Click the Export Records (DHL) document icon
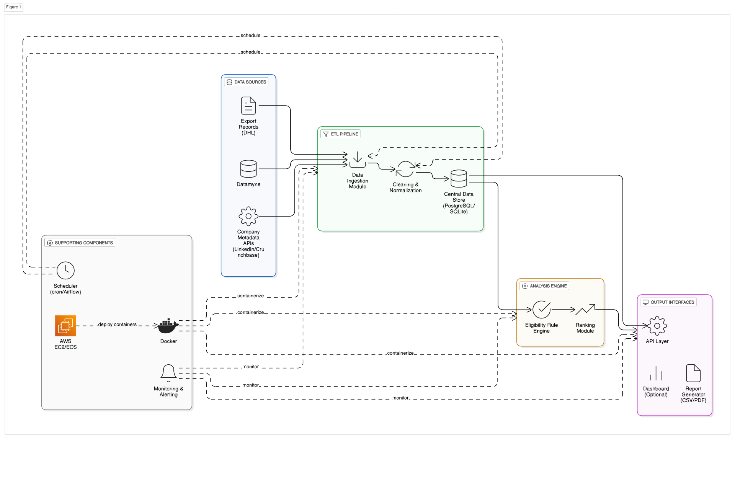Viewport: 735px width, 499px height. point(248,106)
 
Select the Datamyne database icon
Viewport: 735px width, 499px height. point(248,169)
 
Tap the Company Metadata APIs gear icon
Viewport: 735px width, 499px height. point(248,216)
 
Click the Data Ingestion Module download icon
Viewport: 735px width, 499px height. point(357,160)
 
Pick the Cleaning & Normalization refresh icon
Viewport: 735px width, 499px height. point(405,169)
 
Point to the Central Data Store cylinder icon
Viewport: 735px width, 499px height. point(459,178)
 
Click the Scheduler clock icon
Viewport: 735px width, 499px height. point(65,271)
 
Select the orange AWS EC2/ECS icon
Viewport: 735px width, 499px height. point(65,326)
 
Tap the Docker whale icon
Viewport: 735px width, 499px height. point(168,326)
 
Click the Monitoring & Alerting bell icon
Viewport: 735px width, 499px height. point(168,372)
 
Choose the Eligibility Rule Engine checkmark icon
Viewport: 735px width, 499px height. point(541,310)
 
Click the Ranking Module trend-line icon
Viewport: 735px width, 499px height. point(585,310)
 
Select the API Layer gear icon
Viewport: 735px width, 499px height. point(657,326)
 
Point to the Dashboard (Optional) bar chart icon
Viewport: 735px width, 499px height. point(656,373)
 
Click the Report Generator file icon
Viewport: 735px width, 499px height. point(693,373)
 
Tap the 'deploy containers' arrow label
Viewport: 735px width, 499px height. point(117,325)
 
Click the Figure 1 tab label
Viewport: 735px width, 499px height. point(13,7)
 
